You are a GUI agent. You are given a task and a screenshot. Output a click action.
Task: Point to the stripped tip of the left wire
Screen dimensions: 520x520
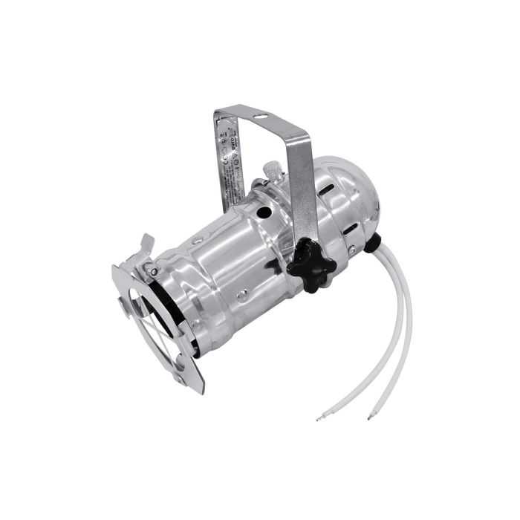pos(318,419)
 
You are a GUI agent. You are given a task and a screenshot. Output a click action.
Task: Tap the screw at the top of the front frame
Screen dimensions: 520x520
pos(152,271)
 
